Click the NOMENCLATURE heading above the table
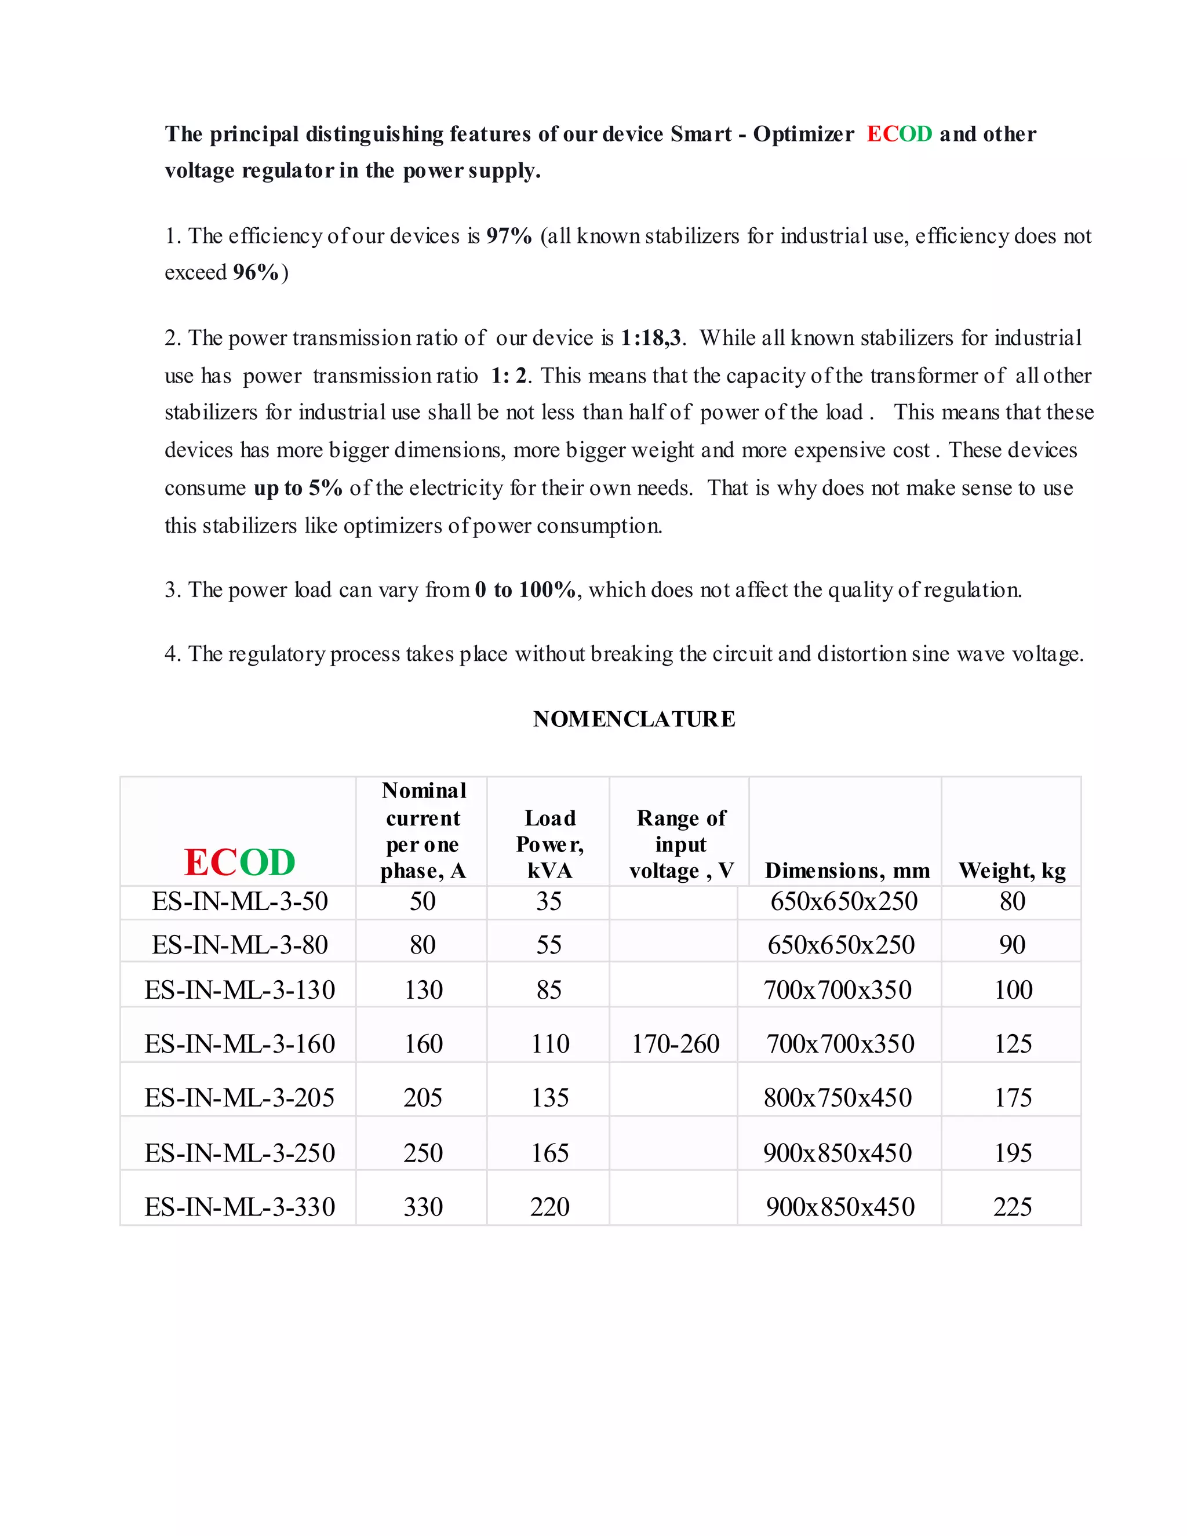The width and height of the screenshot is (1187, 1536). coord(633,719)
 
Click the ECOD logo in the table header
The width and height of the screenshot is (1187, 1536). coord(239,862)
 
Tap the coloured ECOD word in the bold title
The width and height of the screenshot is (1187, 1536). coord(899,134)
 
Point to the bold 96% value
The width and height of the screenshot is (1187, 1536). coord(256,272)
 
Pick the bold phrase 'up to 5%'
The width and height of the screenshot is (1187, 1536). coord(297,487)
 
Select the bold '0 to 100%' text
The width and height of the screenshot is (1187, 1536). coord(525,589)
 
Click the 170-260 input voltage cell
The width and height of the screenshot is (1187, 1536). coord(675,1044)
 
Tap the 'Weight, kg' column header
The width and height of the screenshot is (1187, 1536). coord(1011,870)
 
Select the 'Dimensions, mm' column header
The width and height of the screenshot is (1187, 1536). coord(847,870)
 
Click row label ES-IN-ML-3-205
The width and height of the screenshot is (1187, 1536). coord(239,1097)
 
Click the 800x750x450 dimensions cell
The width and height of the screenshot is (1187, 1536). coord(838,1097)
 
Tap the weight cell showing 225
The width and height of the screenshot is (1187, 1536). coord(1012,1207)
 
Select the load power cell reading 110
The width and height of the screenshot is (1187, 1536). coord(550,1044)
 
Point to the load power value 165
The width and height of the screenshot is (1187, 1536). coord(549,1153)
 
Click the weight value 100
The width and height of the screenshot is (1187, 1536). coord(1013,989)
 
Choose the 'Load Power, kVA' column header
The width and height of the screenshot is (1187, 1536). coord(549,844)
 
